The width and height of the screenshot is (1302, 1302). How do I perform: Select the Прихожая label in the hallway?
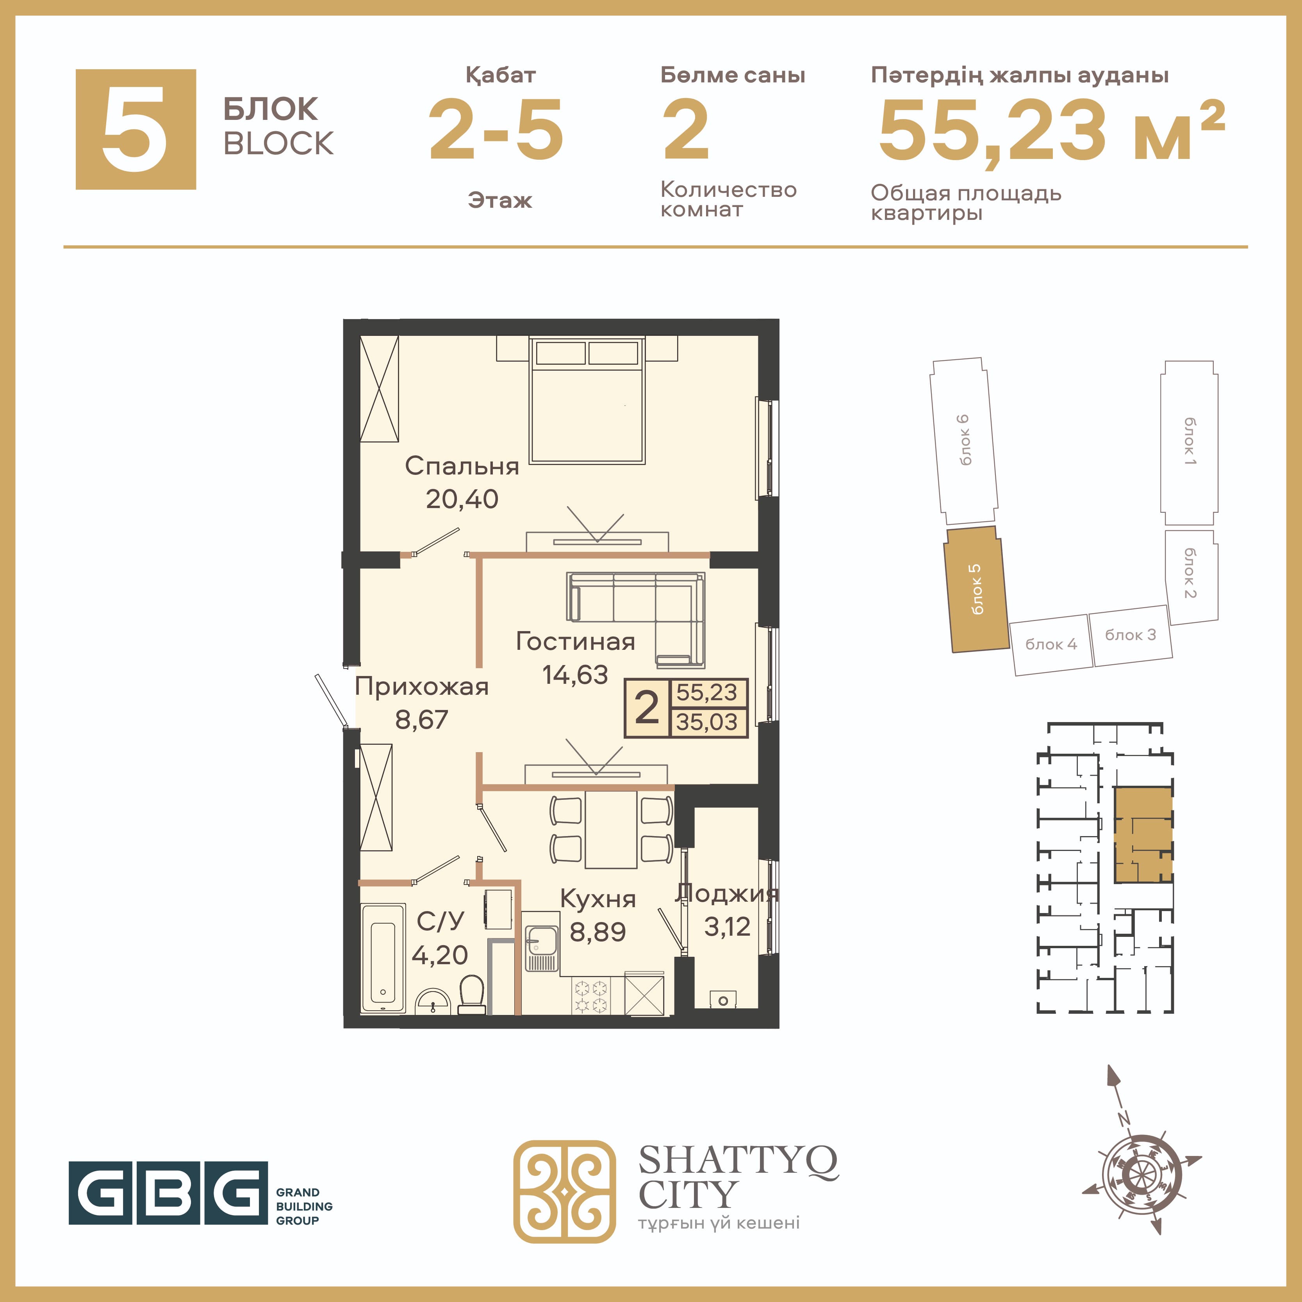tap(422, 687)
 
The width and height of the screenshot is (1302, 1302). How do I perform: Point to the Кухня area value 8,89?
tap(598, 932)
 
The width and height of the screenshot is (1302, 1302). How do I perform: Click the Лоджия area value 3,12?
tap(727, 927)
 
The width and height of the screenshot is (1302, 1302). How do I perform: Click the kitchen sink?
tap(541, 942)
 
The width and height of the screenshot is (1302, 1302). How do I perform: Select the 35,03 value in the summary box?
tap(707, 722)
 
